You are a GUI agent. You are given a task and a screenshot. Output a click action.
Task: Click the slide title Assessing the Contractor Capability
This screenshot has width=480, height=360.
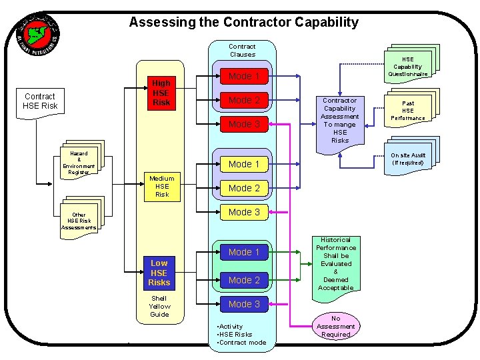(243, 22)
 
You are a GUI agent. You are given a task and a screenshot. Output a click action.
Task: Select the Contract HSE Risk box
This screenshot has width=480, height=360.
(40, 101)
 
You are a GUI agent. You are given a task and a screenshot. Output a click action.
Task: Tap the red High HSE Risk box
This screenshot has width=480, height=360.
(161, 93)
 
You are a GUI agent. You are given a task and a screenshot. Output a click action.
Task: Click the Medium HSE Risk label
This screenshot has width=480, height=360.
(161, 186)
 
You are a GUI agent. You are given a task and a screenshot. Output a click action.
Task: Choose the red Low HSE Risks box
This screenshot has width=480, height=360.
(159, 273)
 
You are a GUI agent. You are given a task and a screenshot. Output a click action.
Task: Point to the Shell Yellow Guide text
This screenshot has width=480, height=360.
(159, 306)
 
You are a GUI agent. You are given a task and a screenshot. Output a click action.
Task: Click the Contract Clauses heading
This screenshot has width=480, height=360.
(242, 51)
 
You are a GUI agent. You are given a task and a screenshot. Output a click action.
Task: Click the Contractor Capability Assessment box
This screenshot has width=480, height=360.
(340, 120)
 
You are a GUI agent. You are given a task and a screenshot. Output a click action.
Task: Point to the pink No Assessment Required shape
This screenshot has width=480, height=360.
(335, 326)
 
